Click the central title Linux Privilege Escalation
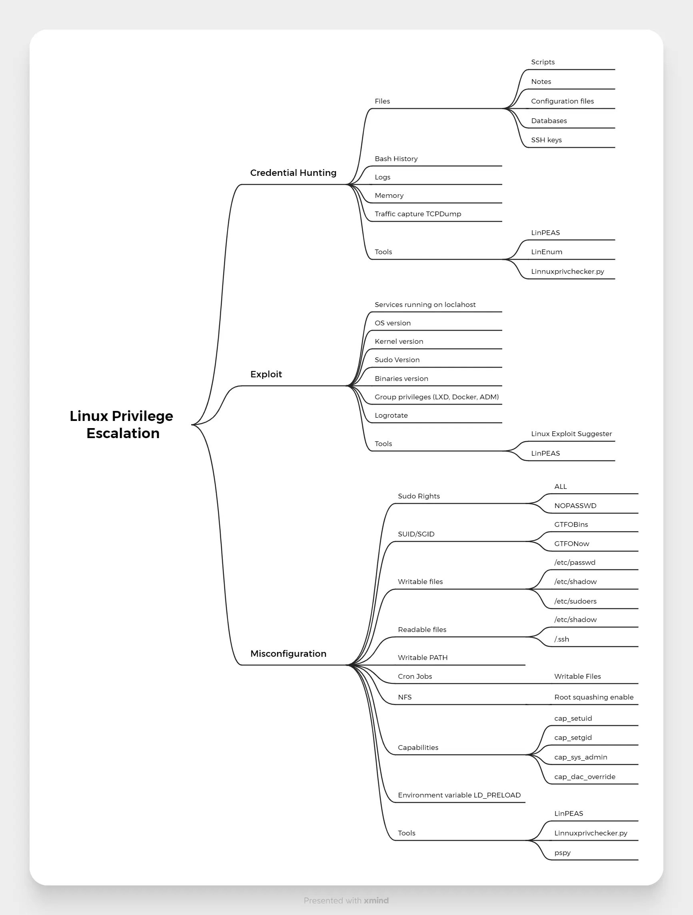pyautogui.click(x=121, y=425)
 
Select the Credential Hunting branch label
pyautogui.click(x=294, y=173)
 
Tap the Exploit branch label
pyautogui.click(x=266, y=375)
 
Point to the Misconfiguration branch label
pyautogui.click(x=288, y=654)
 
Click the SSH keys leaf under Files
pyautogui.click(x=547, y=140)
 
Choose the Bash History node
pyautogui.click(x=396, y=159)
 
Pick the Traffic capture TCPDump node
pyautogui.click(x=418, y=214)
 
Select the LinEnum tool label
pyautogui.click(x=547, y=252)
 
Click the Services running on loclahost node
pyautogui.click(x=425, y=305)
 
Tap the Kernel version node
pyautogui.click(x=399, y=341)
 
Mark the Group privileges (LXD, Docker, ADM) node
pyautogui.click(x=437, y=397)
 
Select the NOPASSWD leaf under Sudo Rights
pyautogui.click(x=575, y=506)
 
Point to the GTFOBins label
pyautogui.click(x=571, y=524)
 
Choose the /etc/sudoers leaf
pyautogui.click(x=575, y=601)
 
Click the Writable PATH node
pyautogui.click(x=422, y=658)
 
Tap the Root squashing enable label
pyautogui.click(x=594, y=697)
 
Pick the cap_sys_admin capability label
pyautogui.click(x=581, y=757)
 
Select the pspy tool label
pyautogui.click(x=562, y=853)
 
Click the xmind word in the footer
pyautogui.click(x=376, y=901)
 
